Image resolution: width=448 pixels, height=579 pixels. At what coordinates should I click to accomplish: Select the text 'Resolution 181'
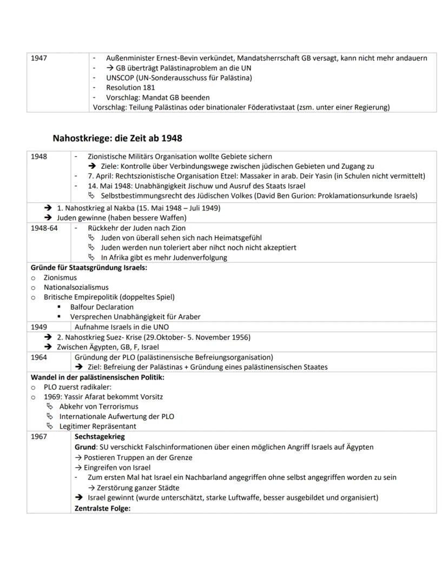130,88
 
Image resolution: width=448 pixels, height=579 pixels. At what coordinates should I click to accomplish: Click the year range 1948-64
43,228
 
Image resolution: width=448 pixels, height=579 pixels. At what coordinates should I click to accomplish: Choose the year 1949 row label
39,327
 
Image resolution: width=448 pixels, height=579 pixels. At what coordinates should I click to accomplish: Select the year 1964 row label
39,357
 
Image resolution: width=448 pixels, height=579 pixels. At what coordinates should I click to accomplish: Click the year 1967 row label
39,437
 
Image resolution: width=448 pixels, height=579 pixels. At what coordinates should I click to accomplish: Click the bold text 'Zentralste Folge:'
102,508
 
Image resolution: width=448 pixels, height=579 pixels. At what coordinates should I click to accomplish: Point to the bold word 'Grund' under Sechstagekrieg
85,447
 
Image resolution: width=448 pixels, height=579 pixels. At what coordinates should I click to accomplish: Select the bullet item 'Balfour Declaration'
102,307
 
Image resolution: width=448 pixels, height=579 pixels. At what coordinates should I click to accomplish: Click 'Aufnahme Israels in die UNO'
121,327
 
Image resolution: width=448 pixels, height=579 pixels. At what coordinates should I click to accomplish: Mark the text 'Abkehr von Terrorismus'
98,407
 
